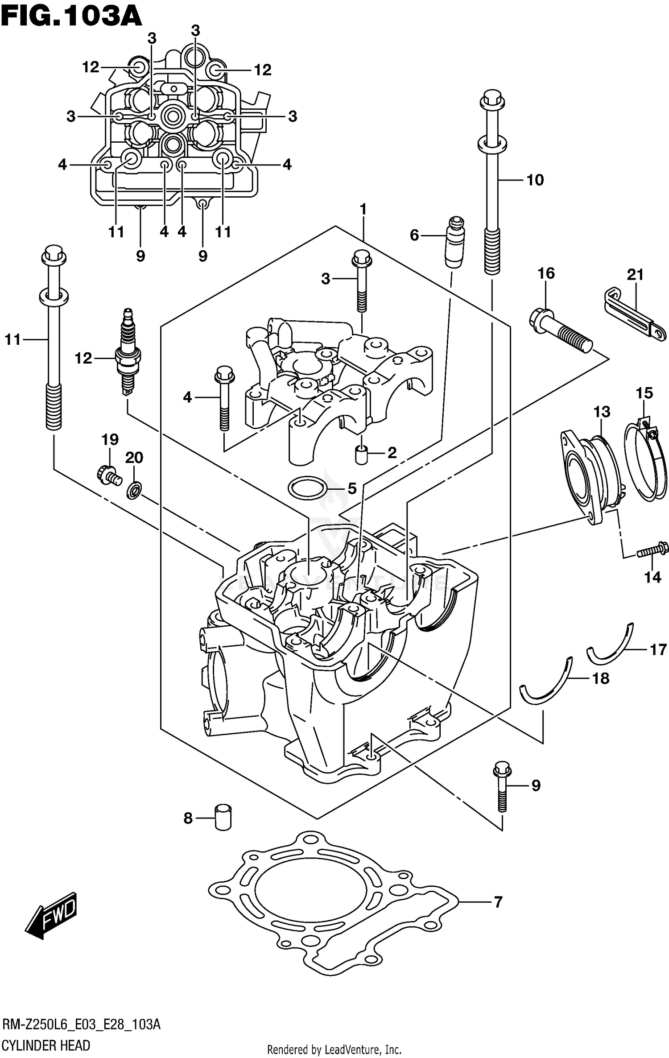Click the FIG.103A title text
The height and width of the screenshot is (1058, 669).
point(71,17)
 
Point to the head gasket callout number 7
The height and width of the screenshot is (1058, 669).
point(498,902)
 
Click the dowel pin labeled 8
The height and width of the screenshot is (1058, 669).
point(223,817)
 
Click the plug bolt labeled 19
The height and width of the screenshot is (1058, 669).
point(108,475)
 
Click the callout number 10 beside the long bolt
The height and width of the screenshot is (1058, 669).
point(535,180)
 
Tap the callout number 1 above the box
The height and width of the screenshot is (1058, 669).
point(363,209)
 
